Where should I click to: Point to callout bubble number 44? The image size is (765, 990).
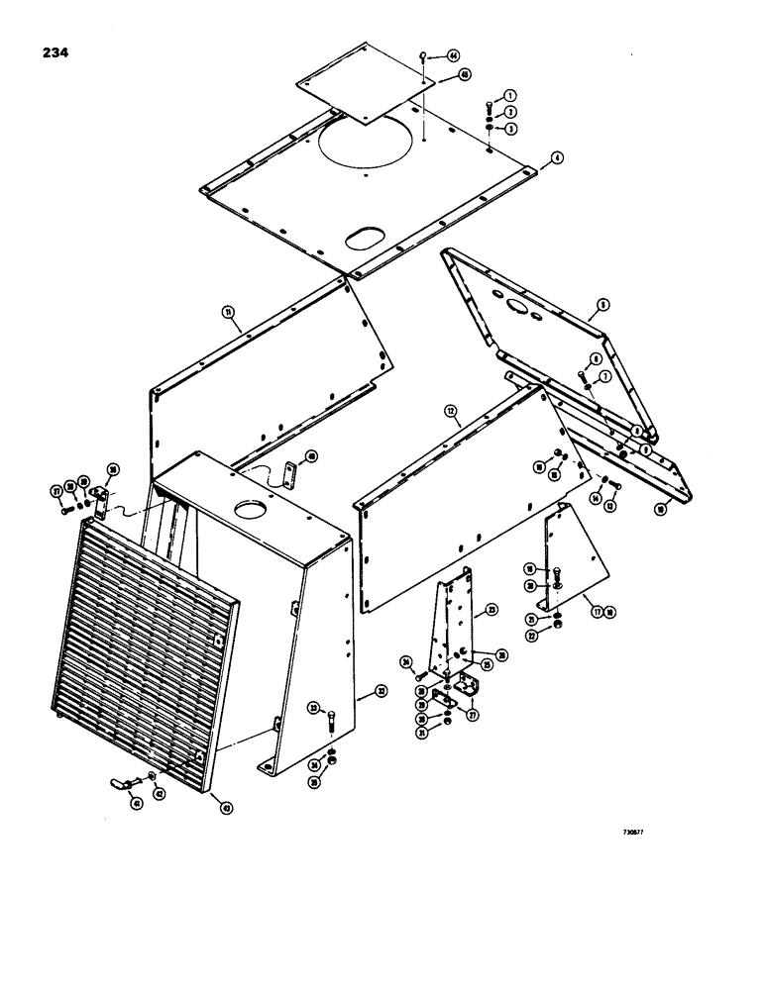point(453,55)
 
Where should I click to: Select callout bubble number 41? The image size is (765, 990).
point(136,803)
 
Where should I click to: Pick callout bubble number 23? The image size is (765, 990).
point(492,612)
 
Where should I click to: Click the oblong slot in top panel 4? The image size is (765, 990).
point(363,240)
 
